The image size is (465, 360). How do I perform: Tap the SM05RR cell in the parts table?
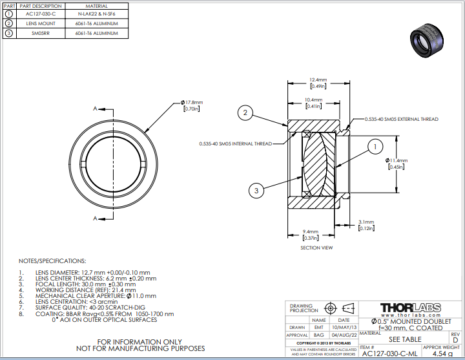tap(39, 33)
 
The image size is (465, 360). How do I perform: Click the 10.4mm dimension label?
tap(314, 101)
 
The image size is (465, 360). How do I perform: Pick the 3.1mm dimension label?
tap(366, 224)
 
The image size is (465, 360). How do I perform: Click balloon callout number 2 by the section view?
tap(245, 114)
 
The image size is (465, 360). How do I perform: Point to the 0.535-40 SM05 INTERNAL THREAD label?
tap(236, 143)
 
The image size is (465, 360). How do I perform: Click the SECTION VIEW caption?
tap(317, 248)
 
